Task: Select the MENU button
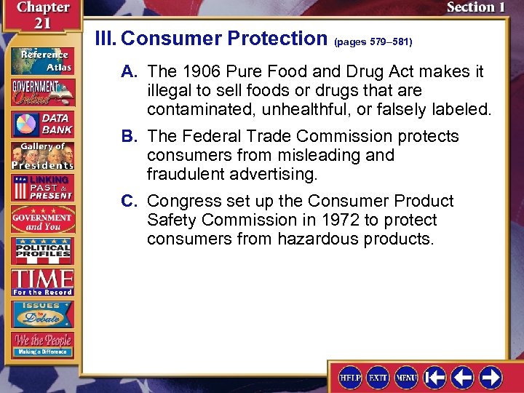pos(406,377)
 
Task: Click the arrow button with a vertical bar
pos(435,377)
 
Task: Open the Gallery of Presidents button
pos(41,155)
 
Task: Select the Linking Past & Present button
pos(41,187)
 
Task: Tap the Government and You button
pos(41,219)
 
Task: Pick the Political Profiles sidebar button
pos(41,251)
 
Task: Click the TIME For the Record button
pos(41,282)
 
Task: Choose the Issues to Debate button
pos(41,313)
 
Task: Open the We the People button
pos(41,344)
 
